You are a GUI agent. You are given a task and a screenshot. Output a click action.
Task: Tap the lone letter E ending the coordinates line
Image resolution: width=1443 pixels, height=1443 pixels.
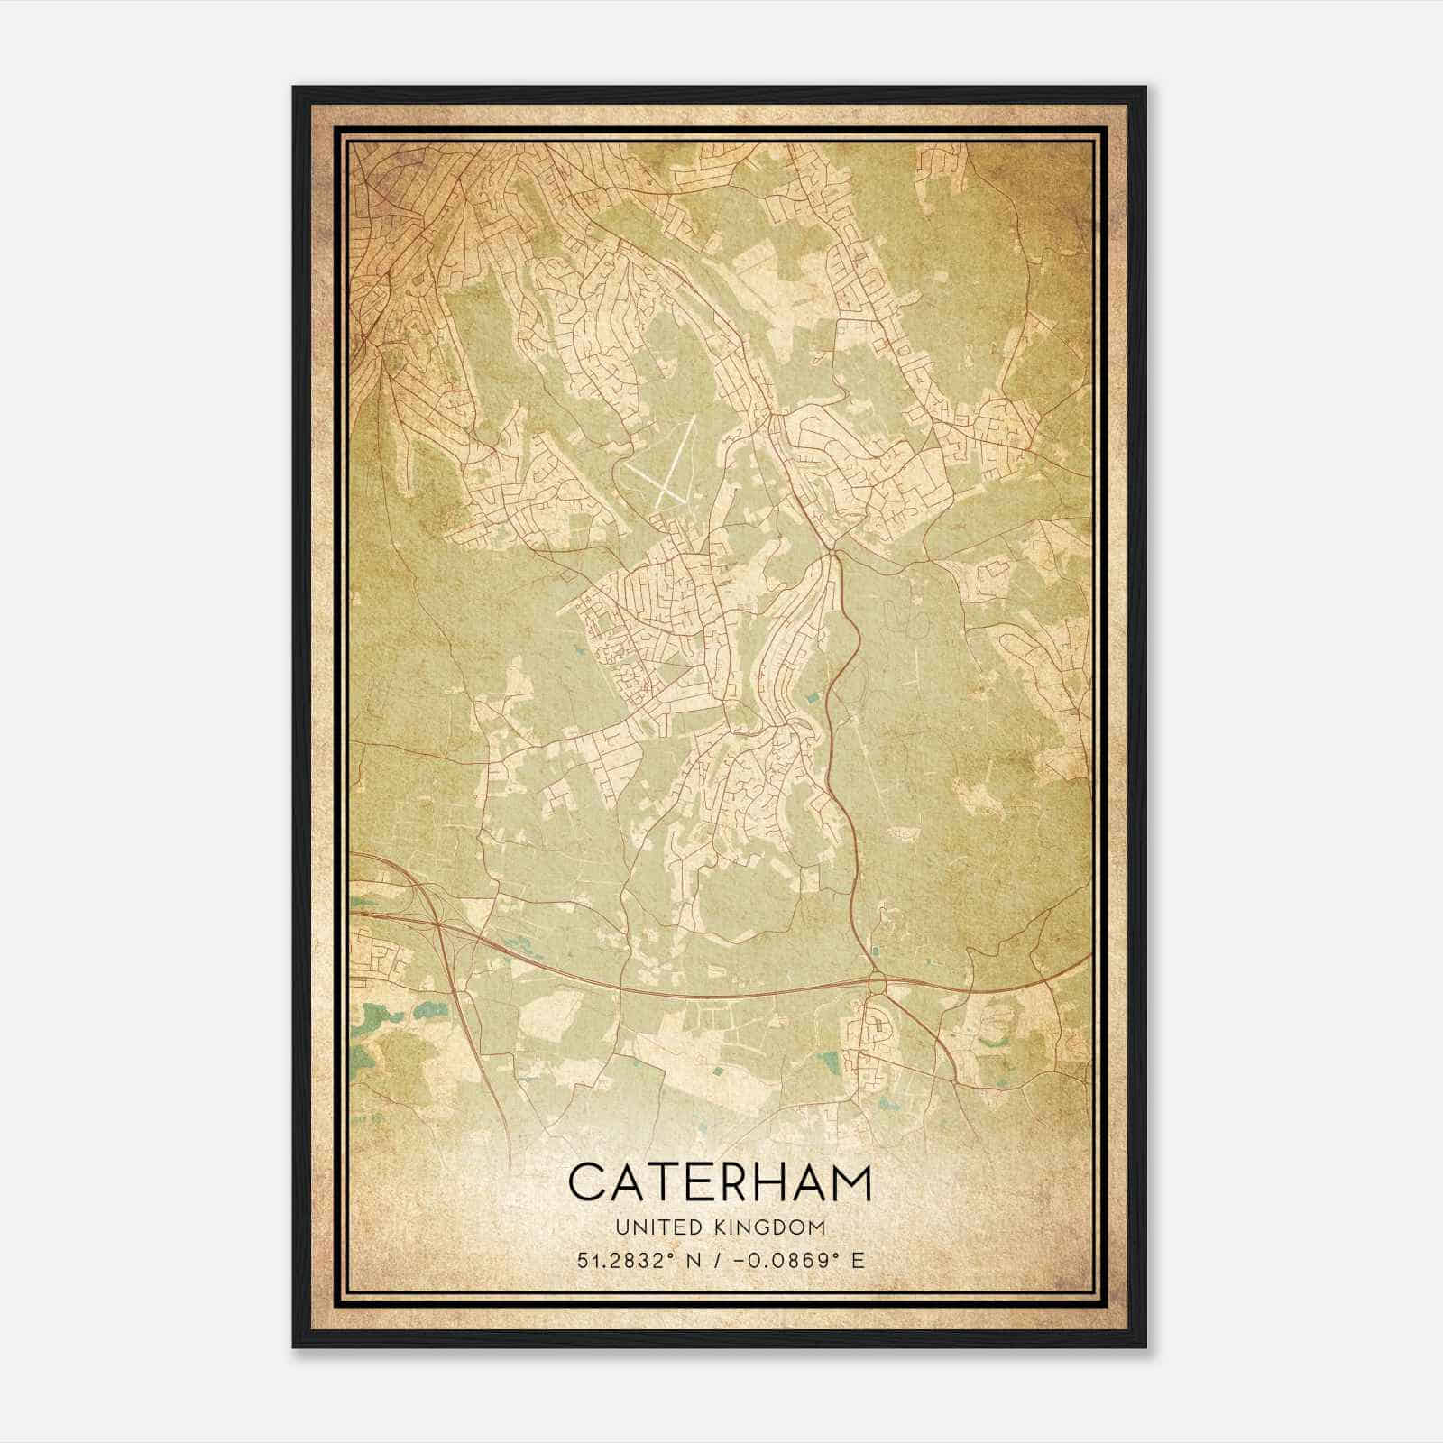858,1260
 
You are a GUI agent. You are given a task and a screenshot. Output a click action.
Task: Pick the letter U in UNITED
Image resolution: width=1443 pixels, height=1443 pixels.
621,1227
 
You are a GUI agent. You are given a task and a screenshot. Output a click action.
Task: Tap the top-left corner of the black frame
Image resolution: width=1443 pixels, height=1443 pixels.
294,87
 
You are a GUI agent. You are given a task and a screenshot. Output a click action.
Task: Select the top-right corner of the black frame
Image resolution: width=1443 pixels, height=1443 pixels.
1145,87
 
